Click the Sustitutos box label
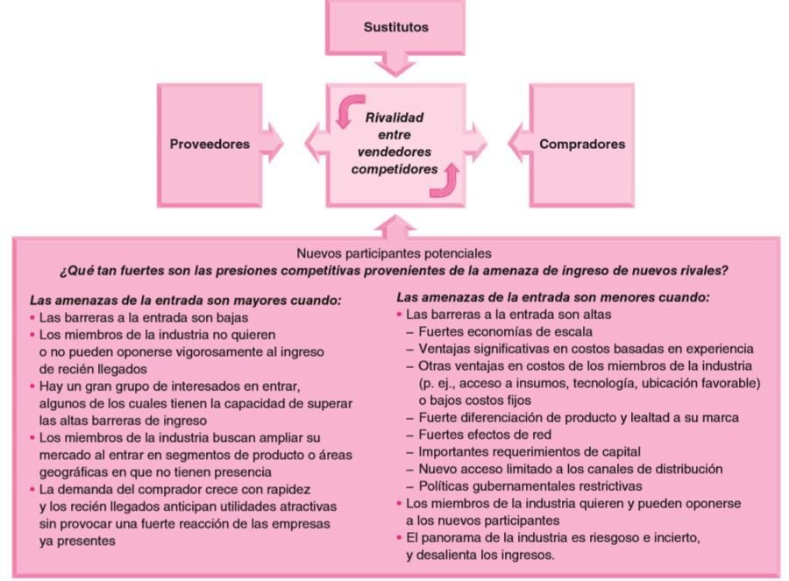click(x=396, y=26)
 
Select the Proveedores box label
click(x=210, y=144)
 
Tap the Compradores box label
click(x=582, y=144)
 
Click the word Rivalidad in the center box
click(x=394, y=116)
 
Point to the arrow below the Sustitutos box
click(x=396, y=63)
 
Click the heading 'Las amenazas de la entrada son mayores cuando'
click(x=185, y=300)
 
